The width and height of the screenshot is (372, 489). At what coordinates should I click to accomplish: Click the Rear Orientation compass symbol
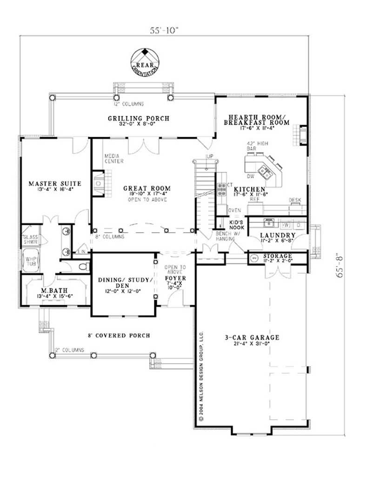145,59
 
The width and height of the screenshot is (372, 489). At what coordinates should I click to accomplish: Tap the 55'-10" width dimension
164,31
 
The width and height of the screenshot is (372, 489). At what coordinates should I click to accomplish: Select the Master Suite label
55,184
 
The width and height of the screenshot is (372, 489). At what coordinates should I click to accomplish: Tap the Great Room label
146,188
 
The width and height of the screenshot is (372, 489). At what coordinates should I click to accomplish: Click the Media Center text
114,159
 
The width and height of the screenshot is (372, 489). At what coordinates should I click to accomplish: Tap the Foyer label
176,280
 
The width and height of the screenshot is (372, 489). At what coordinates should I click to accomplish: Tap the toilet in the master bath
83,267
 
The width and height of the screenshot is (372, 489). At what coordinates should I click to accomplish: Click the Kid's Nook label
237,225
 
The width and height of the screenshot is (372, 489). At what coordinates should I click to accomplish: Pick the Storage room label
277,256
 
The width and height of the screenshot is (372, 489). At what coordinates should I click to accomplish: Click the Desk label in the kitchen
295,200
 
